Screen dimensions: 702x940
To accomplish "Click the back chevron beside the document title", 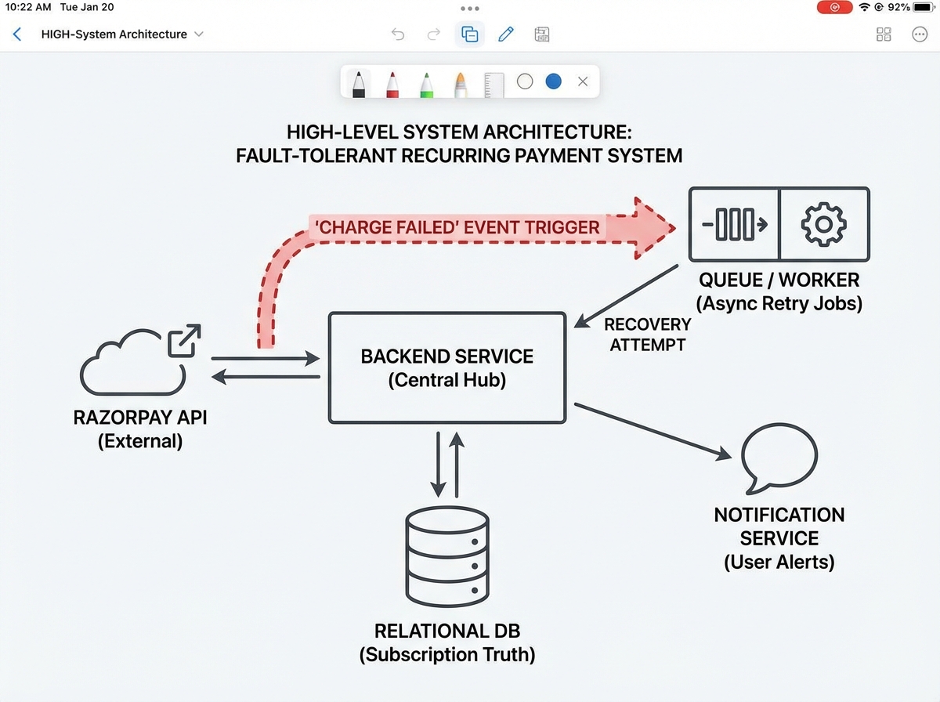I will tap(17, 34).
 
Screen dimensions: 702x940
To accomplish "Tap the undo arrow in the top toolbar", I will tap(398, 34).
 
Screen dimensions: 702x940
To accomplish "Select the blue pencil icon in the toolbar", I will tap(506, 34).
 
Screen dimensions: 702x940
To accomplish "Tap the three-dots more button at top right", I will tap(920, 34).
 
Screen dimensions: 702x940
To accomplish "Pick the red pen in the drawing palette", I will tap(392, 83).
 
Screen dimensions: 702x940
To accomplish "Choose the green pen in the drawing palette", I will tap(426, 83).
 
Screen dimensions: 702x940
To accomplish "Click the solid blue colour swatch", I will tap(554, 81).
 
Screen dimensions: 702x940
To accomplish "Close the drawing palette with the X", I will tap(582, 81).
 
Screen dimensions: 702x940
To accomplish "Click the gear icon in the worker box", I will tap(823, 224).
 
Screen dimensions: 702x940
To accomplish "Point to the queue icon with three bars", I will tap(734, 224).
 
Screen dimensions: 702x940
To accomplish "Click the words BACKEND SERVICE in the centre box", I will tap(447, 356).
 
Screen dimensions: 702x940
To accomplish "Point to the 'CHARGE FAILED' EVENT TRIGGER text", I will tap(457, 228).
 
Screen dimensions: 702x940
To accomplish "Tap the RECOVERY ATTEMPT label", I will tap(647, 334).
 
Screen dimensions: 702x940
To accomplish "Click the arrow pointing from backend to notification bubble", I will tap(654, 430).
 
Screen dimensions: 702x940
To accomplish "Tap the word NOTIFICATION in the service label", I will tap(779, 515).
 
